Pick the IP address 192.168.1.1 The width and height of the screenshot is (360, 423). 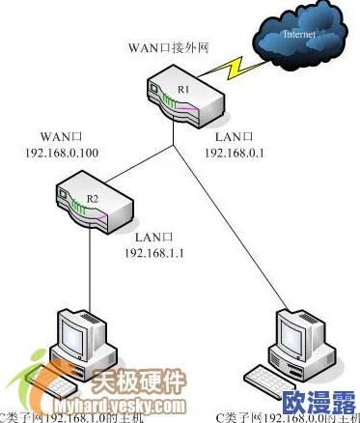pos(154,252)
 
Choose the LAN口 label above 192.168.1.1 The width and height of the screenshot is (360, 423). pos(152,237)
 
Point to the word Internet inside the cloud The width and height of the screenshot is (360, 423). pos(298,35)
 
